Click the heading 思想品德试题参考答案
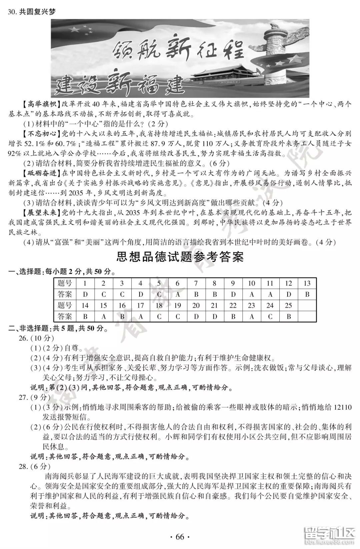pos(180,257)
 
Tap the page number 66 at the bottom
pos(180,537)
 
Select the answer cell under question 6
pos(177,294)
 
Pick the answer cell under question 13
pos(307,294)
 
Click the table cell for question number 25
pos(289,305)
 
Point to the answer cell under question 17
pos(140,316)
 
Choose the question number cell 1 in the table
pos(85,284)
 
